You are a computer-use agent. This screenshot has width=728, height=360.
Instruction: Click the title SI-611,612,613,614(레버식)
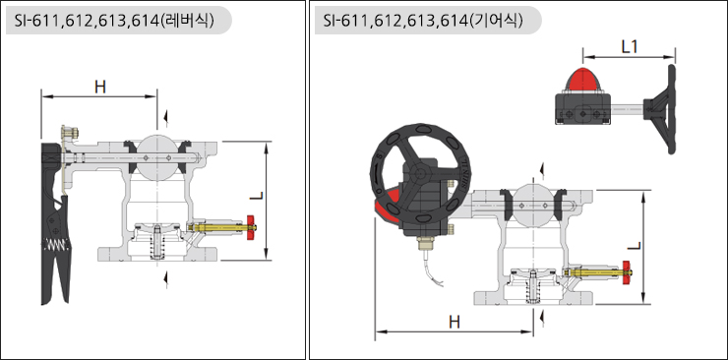(114, 21)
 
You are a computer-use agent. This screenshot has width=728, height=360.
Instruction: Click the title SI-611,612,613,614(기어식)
(423, 21)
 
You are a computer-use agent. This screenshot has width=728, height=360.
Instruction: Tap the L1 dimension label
(630, 46)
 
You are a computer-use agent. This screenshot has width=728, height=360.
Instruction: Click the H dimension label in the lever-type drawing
(99, 87)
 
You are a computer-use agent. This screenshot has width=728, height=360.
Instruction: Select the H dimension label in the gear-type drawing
(455, 322)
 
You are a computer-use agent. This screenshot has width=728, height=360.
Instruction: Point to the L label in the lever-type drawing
(256, 196)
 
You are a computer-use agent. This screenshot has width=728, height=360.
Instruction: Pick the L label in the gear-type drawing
(635, 245)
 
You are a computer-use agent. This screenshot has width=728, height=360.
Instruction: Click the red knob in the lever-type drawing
(251, 228)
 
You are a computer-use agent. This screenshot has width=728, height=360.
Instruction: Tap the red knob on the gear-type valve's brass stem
(627, 273)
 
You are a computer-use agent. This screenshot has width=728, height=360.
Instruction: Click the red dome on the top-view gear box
(582, 80)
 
